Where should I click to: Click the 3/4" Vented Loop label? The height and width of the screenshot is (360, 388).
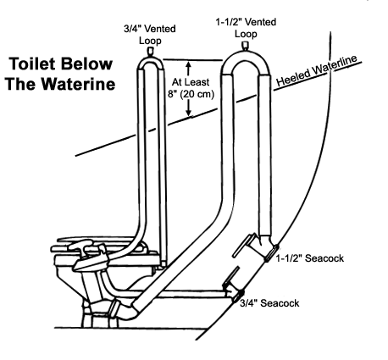[150, 35]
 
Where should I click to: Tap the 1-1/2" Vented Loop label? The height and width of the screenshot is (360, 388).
[246, 28]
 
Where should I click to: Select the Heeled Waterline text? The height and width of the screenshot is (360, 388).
[317, 70]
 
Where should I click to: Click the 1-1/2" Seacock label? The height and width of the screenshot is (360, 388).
[310, 258]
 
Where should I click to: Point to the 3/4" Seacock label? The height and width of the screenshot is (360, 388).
[269, 303]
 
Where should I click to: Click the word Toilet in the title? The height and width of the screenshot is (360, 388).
[31, 64]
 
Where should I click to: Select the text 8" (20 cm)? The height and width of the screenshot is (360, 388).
[191, 94]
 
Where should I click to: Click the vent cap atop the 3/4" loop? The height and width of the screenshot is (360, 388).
[151, 52]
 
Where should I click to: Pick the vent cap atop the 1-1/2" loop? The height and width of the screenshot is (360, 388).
[245, 47]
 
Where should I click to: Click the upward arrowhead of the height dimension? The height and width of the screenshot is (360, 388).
[189, 64]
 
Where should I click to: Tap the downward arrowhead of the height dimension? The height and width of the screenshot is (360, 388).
[189, 112]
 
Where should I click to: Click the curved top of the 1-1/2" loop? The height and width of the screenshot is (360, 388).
[245, 60]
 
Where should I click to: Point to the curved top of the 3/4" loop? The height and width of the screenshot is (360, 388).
[151, 63]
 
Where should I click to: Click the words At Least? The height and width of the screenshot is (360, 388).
[191, 82]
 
